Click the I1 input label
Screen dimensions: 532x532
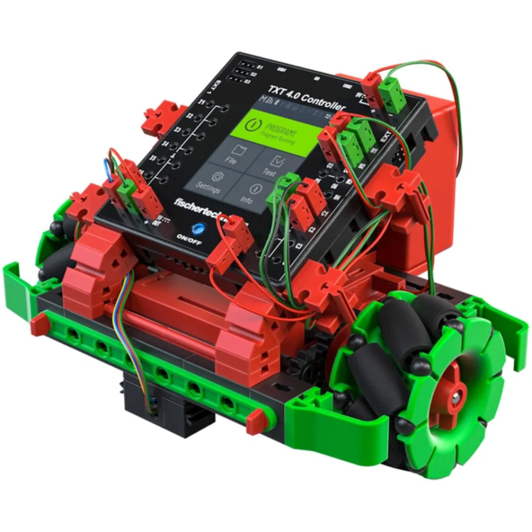coord(202,102)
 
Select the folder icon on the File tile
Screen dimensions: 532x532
coord(239,149)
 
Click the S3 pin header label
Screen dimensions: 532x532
coord(247,82)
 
